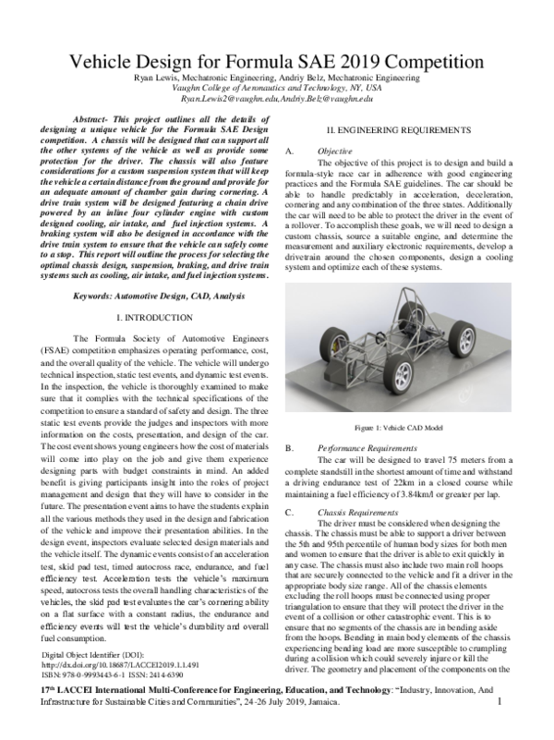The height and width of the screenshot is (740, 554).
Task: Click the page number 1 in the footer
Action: click(x=499, y=728)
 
